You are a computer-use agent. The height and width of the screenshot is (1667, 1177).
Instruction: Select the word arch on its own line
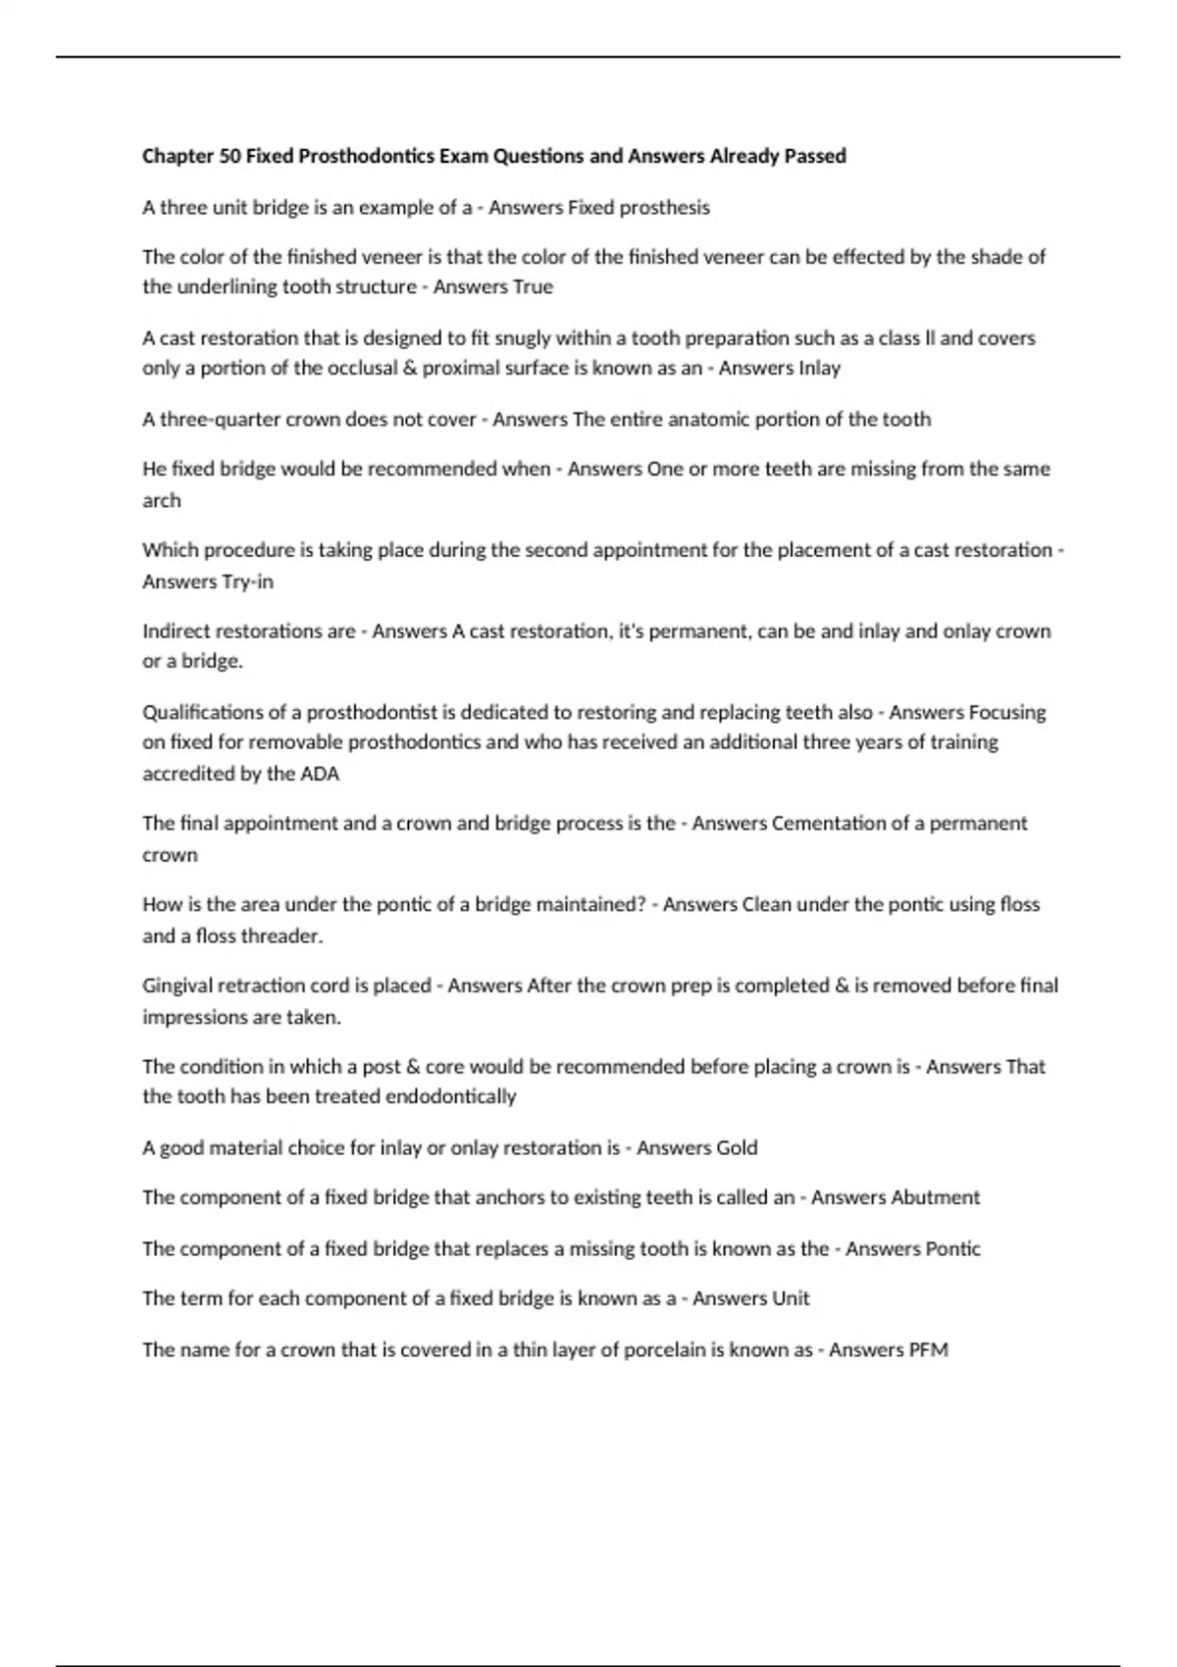(162, 501)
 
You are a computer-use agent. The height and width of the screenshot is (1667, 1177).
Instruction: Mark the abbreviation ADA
(320, 774)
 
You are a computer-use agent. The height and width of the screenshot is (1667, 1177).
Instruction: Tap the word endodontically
(451, 1096)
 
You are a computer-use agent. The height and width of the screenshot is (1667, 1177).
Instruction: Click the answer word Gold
(737, 1148)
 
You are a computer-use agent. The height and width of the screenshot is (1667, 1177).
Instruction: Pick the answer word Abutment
(935, 1198)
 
